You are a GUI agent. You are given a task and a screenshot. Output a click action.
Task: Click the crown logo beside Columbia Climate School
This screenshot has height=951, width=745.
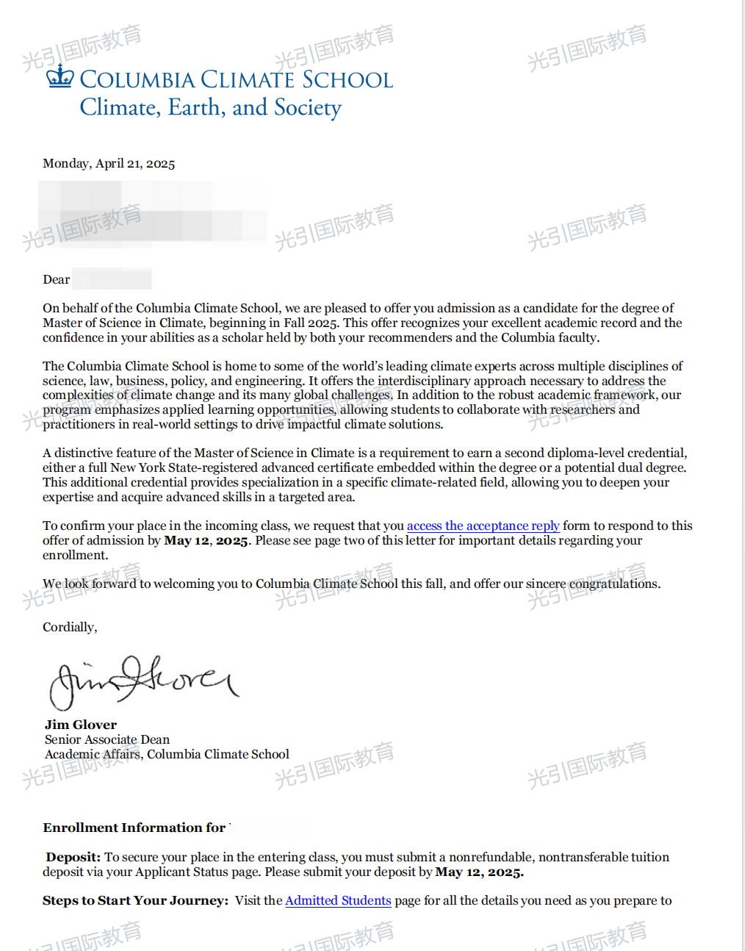[60, 76]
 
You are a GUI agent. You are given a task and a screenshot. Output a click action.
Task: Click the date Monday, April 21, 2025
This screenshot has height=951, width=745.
[109, 163]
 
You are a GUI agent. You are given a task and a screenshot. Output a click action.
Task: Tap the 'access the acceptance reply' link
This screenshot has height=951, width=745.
[483, 525]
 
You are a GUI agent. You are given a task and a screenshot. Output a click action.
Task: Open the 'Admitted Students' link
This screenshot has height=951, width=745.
[338, 900]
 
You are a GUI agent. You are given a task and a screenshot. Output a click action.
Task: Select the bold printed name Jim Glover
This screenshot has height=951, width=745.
[81, 725]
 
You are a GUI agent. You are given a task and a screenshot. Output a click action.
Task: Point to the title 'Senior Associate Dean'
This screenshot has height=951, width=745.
[107, 739]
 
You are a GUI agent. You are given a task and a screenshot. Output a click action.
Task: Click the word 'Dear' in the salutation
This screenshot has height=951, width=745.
[57, 279]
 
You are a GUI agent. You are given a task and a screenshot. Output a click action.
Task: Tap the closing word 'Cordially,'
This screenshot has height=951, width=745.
[70, 627]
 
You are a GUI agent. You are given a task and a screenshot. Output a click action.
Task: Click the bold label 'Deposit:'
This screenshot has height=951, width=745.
[73, 857]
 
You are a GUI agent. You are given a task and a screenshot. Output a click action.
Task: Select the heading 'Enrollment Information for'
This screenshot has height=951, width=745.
[134, 828]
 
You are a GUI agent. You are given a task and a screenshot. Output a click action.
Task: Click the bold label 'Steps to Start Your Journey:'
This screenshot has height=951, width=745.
[136, 900]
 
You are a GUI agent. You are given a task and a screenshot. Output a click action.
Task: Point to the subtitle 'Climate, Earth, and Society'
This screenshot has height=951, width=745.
[211, 107]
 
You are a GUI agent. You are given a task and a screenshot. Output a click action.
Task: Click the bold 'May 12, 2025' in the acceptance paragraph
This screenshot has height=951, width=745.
[206, 540]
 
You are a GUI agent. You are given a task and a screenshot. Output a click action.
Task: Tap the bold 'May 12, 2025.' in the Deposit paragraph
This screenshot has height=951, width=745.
[479, 872]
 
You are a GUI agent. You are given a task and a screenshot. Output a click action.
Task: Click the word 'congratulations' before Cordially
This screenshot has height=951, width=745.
[613, 584]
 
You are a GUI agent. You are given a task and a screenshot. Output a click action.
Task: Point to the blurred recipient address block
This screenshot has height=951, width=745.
[153, 212]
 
